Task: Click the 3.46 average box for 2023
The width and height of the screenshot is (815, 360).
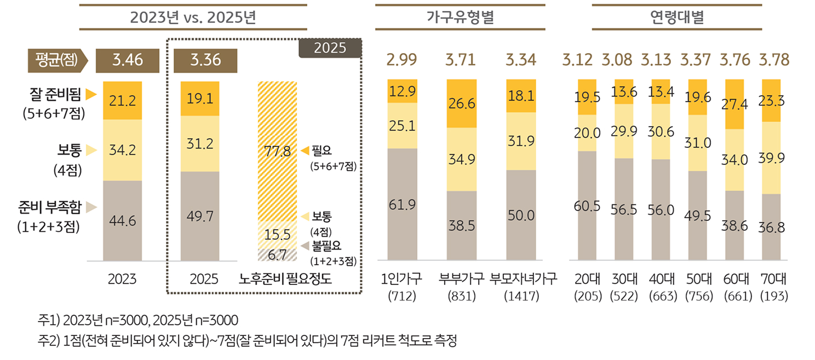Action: [x=127, y=60]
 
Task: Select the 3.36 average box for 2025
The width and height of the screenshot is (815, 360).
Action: [x=205, y=60]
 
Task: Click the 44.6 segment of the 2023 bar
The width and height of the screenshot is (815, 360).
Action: [x=123, y=221]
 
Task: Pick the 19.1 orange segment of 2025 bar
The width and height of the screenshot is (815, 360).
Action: [x=200, y=98]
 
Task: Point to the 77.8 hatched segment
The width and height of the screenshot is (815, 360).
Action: [x=277, y=151]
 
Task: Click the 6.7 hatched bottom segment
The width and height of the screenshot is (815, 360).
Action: [x=277, y=254]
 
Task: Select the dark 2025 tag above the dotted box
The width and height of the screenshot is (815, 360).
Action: [x=330, y=48]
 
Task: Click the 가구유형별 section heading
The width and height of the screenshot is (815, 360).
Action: [x=460, y=17]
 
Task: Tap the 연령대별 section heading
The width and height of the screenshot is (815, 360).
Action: [x=676, y=17]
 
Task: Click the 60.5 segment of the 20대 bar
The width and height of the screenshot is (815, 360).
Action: [x=588, y=206]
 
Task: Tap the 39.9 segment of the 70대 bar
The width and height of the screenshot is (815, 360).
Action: [x=771, y=158]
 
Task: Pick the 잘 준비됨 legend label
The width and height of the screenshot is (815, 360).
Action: [x=55, y=95]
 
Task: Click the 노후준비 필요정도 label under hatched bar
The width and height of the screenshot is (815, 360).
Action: [x=285, y=279]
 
